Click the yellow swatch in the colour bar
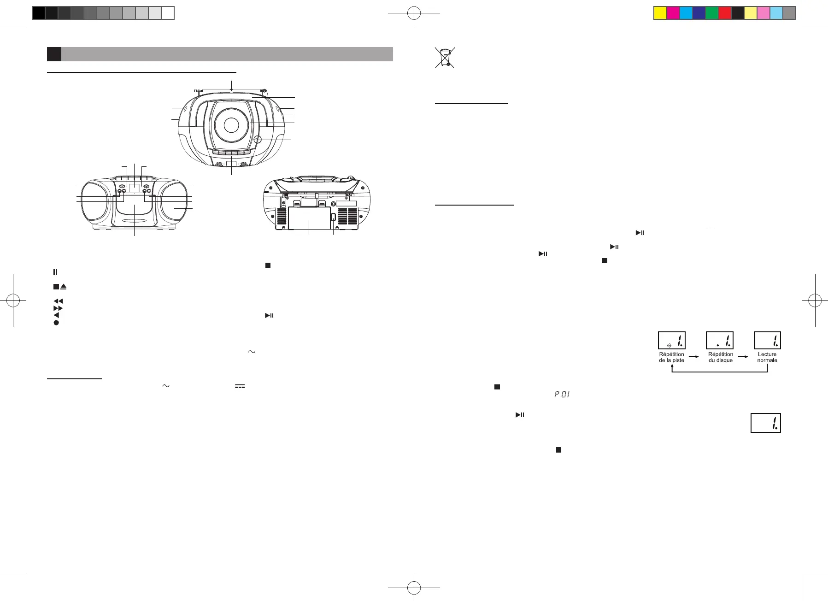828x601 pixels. [x=660, y=13]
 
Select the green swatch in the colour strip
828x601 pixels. [x=712, y=13]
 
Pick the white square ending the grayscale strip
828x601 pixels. [x=168, y=13]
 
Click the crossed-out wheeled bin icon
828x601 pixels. [x=445, y=57]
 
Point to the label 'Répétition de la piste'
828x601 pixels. [x=671, y=357]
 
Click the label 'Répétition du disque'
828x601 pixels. [x=720, y=357]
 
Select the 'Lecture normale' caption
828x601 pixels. [x=767, y=357]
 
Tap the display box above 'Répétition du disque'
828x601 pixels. [x=720, y=341]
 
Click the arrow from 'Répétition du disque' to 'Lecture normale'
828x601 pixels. [x=743, y=356]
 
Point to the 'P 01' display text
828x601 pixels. [x=562, y=395]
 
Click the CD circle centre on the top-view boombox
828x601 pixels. [x=231, y=124]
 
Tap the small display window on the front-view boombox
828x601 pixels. [x=134, y=188]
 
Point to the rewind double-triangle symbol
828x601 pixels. [x=58, y=301]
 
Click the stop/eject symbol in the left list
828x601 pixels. [x=60, y=287]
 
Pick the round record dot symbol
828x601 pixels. [x=56, y=323]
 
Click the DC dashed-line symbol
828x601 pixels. [x=240, y=386]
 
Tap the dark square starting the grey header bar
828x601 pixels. [x=54, y=54]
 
